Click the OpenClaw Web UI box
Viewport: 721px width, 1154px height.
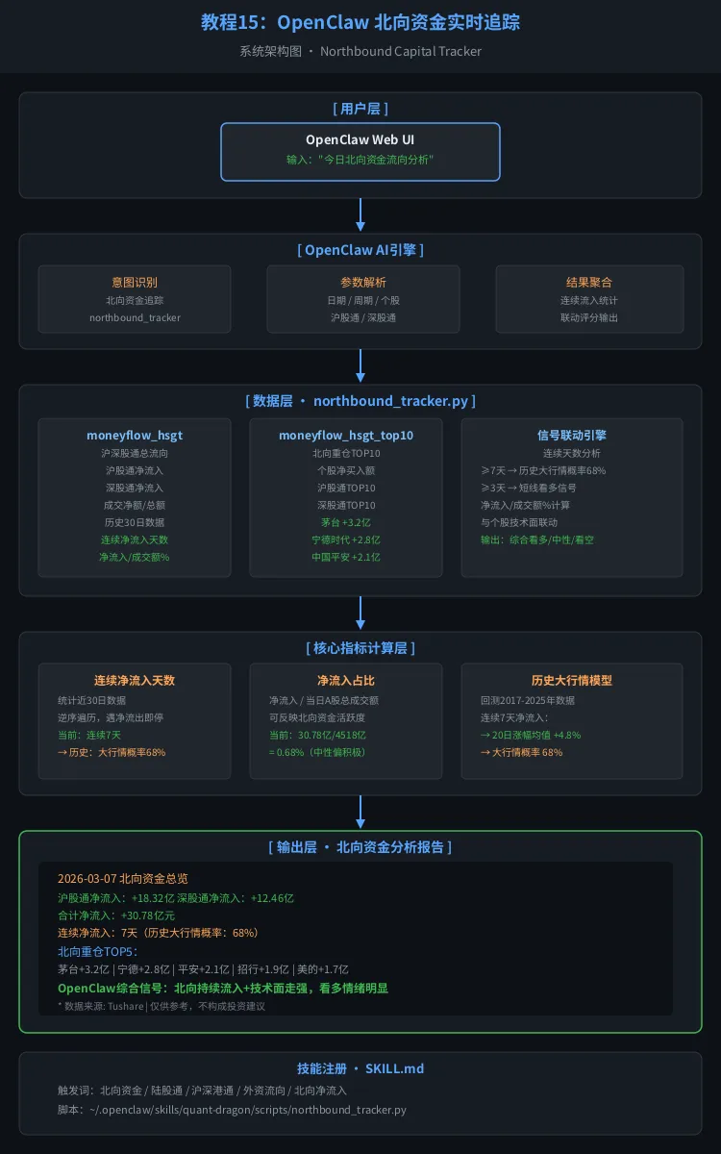[x=360, y=151]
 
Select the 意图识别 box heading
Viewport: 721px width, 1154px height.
[x=134, y=283]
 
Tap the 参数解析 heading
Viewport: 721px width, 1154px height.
[x=362, y=283]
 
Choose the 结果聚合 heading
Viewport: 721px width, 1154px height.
[x=589, y=283]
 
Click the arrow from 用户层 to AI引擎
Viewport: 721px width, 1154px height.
[x=360, y=215]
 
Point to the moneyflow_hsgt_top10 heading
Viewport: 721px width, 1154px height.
[x=346, y=436]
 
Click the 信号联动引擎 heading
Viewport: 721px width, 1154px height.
[x=572, y=436]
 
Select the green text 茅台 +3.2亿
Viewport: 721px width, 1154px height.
[x=346, y=522]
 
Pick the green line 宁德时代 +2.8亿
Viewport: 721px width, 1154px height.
[x=346, y=539]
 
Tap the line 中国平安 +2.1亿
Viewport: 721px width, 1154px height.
[x=346, y=557]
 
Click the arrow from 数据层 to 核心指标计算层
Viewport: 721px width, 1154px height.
[x=360, y=613]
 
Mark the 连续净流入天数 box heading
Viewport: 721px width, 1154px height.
[x=135, y=681]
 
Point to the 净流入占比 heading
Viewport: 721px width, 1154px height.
[x=346, y=681]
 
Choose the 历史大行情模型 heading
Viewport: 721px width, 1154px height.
[x=572, y=681]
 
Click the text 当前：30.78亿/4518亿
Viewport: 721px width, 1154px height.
[x=317, y=735]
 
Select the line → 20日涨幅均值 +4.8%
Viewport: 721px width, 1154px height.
[x=531, y=735]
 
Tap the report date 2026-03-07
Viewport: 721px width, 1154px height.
[x=88, y=878]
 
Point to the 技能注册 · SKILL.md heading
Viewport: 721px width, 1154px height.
[x=360, y=1068]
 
